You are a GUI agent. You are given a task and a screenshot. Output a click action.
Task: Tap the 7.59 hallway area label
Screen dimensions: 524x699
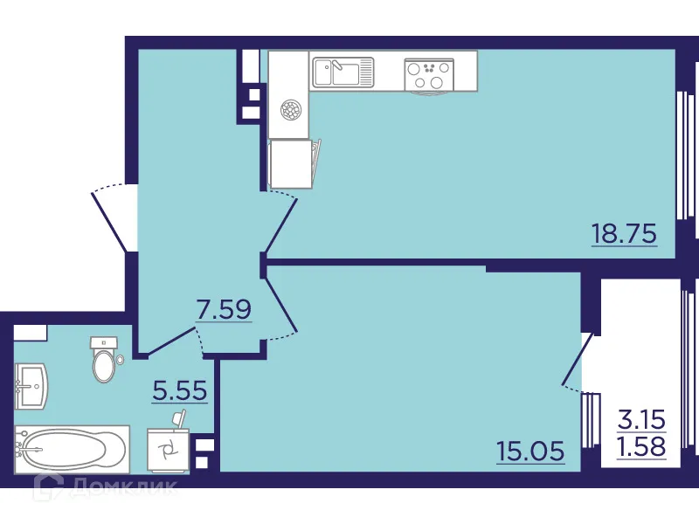[224, 308]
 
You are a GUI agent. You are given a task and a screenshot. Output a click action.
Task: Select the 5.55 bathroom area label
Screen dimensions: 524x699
[179, 390]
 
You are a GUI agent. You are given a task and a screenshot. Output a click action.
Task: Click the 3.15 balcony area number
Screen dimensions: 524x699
[642, 418]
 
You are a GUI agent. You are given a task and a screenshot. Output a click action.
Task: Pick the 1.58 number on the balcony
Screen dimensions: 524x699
[642, 447]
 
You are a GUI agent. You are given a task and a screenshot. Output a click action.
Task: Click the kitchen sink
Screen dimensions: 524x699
[343, 72]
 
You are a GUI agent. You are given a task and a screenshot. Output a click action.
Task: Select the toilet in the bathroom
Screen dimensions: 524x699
[104, 360]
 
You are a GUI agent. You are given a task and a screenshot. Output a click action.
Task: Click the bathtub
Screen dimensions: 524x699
[69, 449]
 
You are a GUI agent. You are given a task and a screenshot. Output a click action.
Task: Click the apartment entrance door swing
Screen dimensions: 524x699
[112, 218]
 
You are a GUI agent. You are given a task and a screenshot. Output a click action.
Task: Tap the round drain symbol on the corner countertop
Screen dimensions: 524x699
[290, 110]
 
